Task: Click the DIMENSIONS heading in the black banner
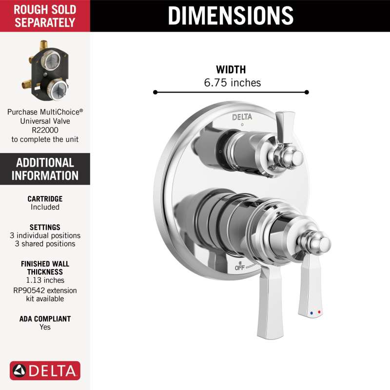click(231, 16)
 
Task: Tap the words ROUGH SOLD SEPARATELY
click(45, 16)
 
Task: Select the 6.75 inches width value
click(233, 82)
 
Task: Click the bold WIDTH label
click(231, 70)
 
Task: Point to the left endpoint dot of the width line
click(156, 93)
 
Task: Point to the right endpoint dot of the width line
click(307, 92)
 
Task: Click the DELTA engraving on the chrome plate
click(242, 117)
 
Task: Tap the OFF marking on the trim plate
click(240, 268)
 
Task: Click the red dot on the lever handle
click(319, 312)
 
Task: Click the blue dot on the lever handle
click(312, 313)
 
